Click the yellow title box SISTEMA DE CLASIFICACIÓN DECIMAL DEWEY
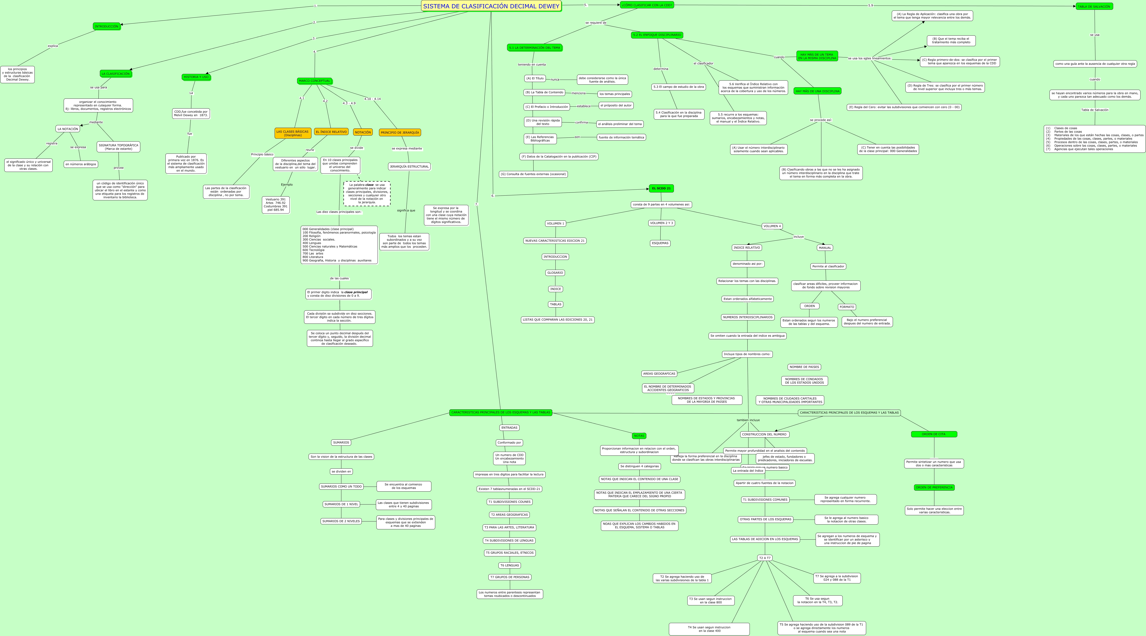(491, 6)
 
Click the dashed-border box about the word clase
(367, 193)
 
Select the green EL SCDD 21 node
(661, 188)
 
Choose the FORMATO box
(847, 307)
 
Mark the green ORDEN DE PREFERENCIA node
(934, 488)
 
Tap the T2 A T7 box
(765, 558)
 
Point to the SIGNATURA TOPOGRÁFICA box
(118, 147)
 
